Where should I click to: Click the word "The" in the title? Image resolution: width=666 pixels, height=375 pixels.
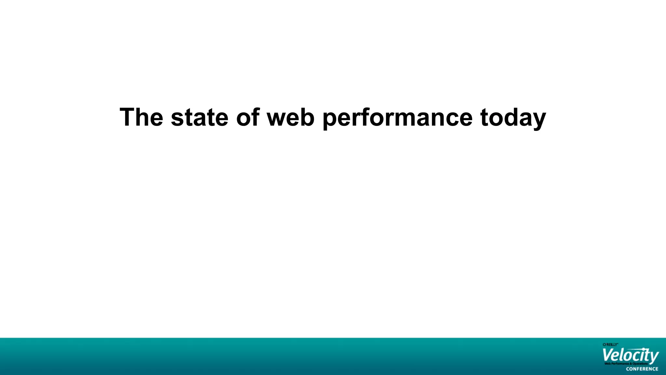[141, 117]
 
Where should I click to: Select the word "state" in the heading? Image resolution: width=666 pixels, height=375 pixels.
[199, 117]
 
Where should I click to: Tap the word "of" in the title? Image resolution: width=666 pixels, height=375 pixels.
[248, 117]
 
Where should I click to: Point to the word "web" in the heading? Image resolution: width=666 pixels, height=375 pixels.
[290, 117]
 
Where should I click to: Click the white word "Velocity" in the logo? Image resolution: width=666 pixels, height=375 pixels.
[630, 355]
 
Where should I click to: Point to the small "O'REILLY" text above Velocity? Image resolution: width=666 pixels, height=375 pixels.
[610, 344]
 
